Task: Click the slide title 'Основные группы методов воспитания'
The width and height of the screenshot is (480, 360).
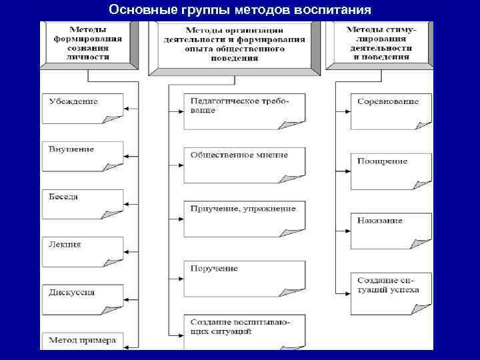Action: click(240, 10)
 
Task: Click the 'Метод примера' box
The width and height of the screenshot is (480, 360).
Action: click(83, 341)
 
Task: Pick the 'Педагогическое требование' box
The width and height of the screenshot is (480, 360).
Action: click(245, 109)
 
